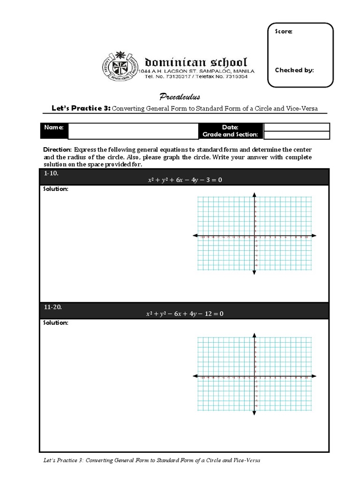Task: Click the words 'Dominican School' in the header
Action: (x=196, y=62)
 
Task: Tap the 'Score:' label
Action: (x=284, y=31)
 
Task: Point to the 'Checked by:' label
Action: (x=294, y=70)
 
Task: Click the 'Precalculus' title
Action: (x=180, y=97)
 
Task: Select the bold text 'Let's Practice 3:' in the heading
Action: (x=81, y=108)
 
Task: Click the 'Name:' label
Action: (x=54, y=127)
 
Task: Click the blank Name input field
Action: (x=134, y=131)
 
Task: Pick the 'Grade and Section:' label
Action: (x=230, y=135)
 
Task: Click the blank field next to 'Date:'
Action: (x=296, y=127)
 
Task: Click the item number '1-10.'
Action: (x=51, y=173)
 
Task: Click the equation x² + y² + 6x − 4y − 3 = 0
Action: (x=184, y=180)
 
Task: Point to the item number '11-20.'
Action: (x=52, y=307)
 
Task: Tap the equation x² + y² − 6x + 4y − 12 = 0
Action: (x=184, y=314)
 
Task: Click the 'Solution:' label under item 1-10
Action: (x=56, y=189)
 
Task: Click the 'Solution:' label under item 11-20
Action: (x=56, y=323)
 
